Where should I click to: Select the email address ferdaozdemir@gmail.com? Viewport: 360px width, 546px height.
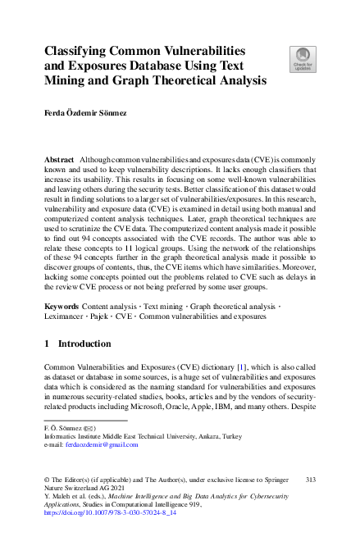click(x=103, y=445)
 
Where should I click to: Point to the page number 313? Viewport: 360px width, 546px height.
click(x=310, y=478)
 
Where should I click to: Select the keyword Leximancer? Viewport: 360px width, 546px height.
click(x=68, y=317)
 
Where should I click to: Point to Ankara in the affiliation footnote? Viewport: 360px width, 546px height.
click(x=239, y=436)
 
